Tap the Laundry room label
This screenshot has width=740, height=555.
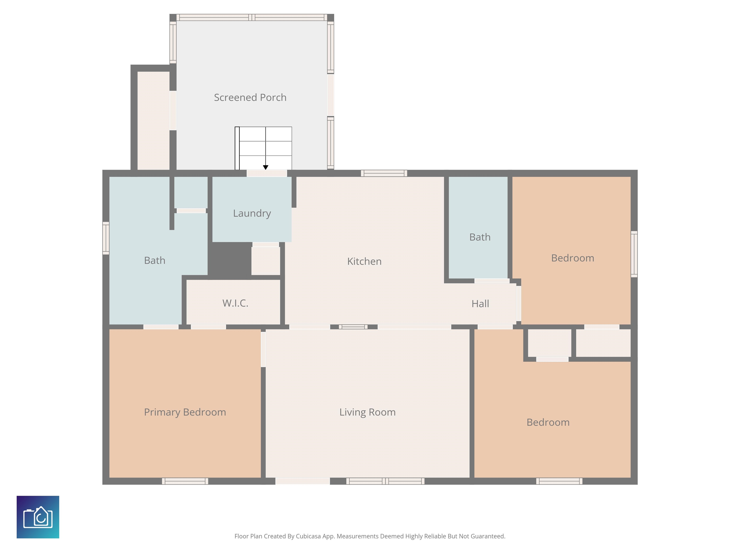tap(252, 213)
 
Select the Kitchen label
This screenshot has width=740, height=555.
tap(364, 261)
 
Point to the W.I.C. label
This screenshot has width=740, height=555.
tap(235, 303)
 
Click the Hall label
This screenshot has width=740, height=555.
tap(480, 304)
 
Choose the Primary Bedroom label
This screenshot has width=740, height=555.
tap(185, 412)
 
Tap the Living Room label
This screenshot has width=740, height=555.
tap(367, 412)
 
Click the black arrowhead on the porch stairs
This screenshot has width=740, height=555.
tap(266, 167)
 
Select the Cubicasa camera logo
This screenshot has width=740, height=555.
tap(38, 517)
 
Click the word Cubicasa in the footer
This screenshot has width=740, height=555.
tap(308, 536)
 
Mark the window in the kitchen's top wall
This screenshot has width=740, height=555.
tap(384, 173)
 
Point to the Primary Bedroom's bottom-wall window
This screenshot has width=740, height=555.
tap(185, 481)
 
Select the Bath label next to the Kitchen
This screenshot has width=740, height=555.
tap(480, 237)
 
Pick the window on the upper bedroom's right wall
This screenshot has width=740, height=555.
tap(634, 254)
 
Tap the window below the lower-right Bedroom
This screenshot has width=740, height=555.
tap(559, 481)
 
